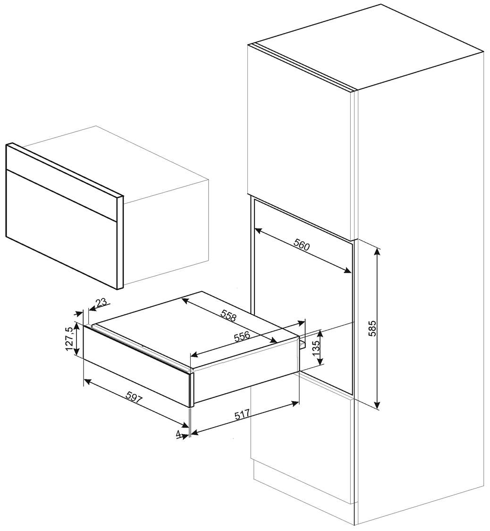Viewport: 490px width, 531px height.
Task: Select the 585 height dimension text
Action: click(372, 328)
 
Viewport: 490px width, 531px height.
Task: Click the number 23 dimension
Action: click(101, 302)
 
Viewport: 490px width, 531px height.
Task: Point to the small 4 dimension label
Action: click(178, 434)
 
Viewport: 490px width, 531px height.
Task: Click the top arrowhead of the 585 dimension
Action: click(377, 252)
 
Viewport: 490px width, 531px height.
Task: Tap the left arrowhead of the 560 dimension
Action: click(258, 230)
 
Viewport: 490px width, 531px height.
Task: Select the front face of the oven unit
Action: click(61, 217)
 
